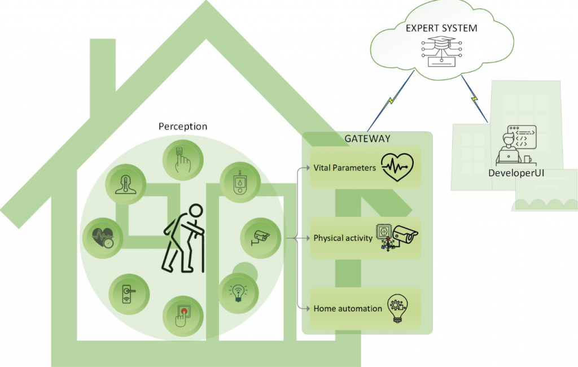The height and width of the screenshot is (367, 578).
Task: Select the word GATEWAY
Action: [367, 138]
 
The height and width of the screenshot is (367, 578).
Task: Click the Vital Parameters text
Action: [344, 168]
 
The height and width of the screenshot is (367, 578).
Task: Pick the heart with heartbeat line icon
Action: [397, 167]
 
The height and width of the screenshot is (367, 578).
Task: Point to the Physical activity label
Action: [343, 238]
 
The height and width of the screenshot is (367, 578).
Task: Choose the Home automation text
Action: [348, 308]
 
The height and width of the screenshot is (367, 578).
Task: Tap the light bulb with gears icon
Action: [397, 308]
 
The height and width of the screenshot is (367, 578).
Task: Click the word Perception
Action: [182, 126]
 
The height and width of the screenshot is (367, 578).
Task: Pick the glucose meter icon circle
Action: [239, 182]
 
